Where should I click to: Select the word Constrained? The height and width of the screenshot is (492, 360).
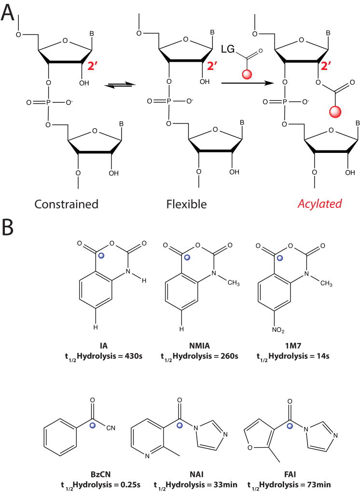point(66,204)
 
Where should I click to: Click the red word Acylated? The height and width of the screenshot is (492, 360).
point(319,204)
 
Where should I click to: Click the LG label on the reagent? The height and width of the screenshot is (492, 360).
point(228,49)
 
